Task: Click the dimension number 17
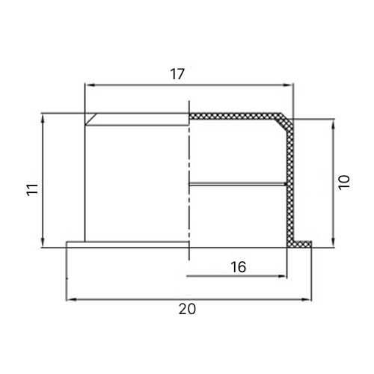177,74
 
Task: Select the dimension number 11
33,190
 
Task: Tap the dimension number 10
344,183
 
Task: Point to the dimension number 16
239,267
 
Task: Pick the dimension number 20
187,309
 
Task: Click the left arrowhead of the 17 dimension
90,85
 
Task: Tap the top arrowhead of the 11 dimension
43,119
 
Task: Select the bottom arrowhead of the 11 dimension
43,242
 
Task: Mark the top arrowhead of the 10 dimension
333,125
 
